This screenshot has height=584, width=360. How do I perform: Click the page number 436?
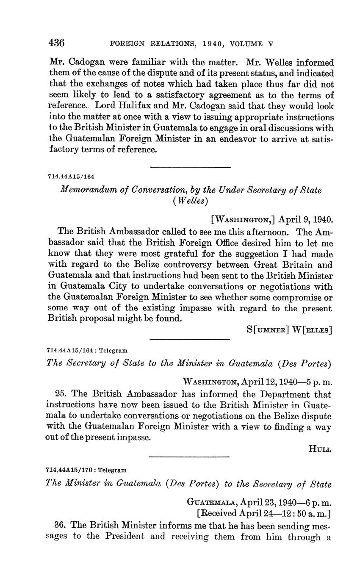pos(57,43)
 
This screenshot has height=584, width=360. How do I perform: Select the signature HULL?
pos(320,449)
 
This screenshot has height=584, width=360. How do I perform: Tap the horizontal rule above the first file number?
pos(190,167)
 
